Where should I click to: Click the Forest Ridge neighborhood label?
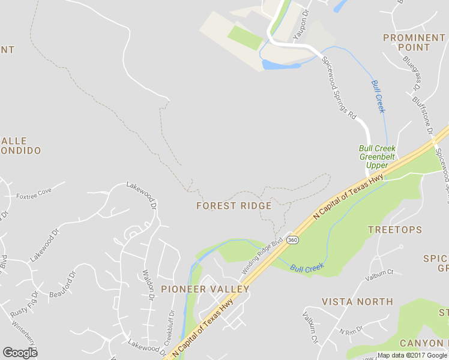[234, 206]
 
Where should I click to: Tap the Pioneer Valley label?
[205, 289]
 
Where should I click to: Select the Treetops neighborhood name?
[394, 230]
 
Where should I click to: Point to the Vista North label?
[357, 302]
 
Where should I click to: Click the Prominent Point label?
[414, 42]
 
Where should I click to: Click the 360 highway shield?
[292, 240]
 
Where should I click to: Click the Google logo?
[20, 353]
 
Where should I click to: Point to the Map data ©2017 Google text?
[412, 355]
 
